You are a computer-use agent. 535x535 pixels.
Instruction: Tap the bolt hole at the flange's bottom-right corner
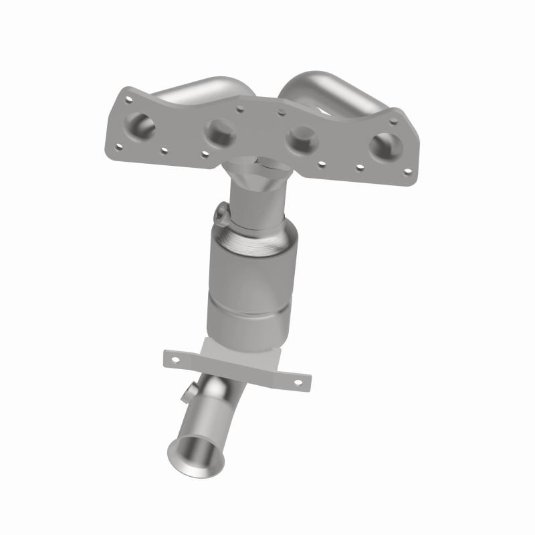(407, 173)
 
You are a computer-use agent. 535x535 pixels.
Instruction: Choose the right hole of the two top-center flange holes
(282, 111)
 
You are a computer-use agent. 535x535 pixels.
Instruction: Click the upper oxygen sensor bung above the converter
(222, 214)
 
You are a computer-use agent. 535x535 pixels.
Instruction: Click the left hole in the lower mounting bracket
(176, 359)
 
